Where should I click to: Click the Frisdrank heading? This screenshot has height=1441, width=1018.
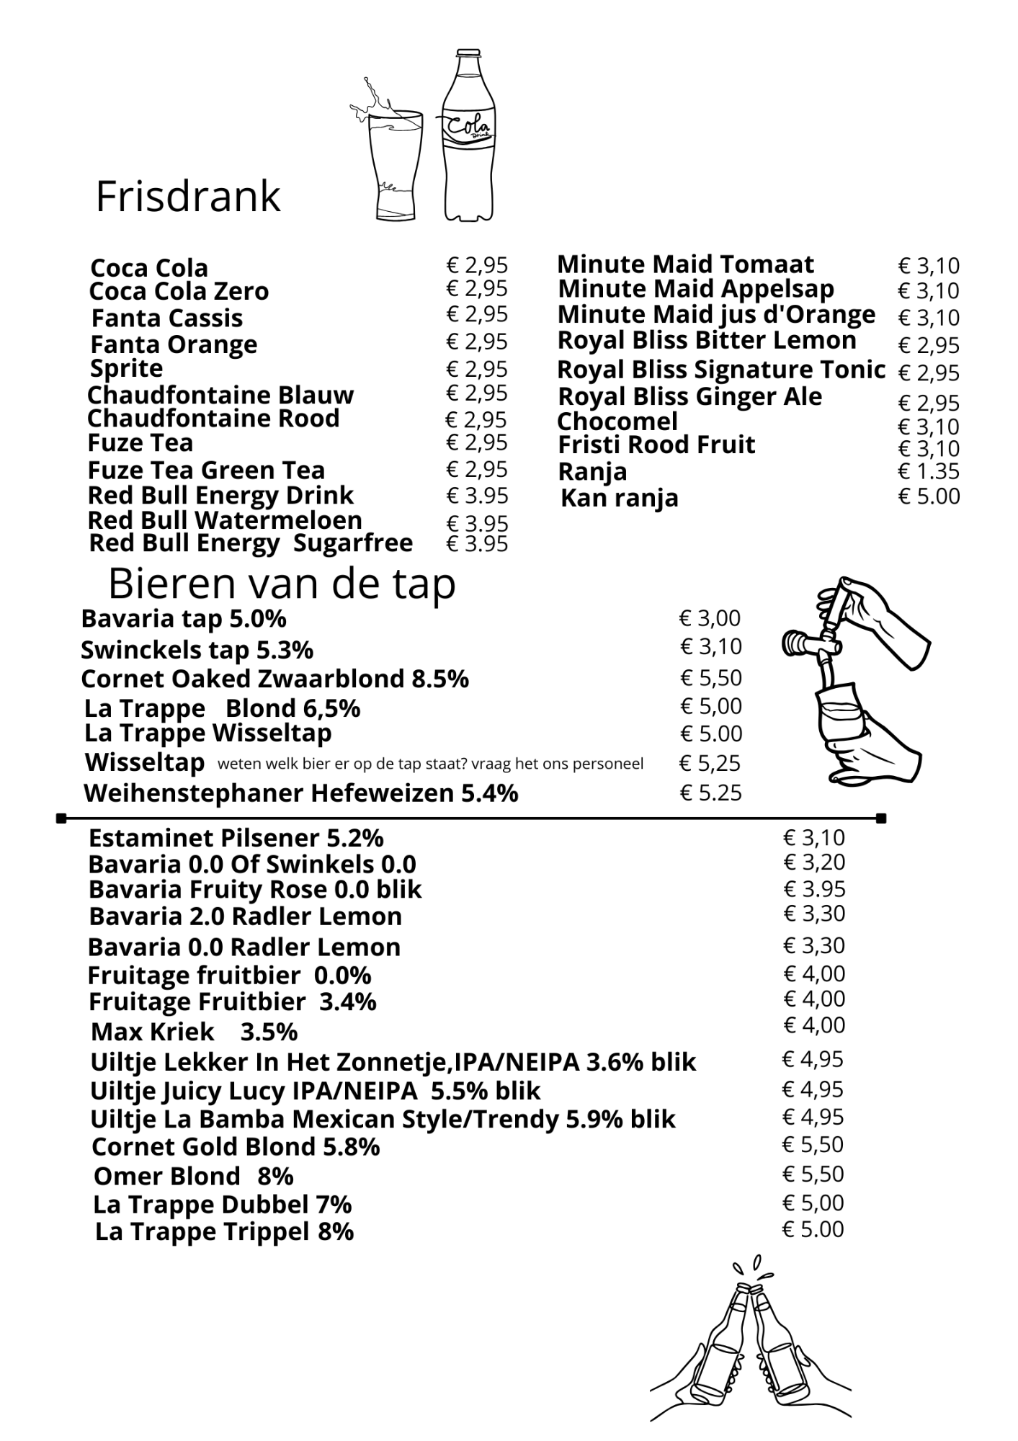(187, 197)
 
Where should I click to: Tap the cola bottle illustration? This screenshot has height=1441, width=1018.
(469, 137)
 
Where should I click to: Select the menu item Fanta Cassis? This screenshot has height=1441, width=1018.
(166, 318)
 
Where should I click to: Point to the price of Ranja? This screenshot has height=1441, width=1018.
(929, 472)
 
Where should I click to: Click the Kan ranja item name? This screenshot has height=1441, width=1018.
(619, 498)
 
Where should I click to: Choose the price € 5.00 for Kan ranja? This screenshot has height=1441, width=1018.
(929, 496)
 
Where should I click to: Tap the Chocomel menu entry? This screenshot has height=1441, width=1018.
(617, 421)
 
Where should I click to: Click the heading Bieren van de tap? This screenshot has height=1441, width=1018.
(282, 584)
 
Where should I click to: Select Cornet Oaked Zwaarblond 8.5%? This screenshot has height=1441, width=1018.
(274, 679)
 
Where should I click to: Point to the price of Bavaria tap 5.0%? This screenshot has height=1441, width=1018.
(710, 618)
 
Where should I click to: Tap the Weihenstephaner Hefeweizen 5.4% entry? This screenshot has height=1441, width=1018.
(300, 793)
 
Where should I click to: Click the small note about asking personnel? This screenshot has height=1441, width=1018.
(430, 764)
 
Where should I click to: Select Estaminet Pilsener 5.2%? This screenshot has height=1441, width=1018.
(236, 838)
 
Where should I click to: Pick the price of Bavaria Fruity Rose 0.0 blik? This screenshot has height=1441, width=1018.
(814, 889)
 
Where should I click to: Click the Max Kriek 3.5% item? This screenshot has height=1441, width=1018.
(194, 1032)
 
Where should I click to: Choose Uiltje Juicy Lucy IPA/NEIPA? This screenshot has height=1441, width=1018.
(315, 1091)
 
